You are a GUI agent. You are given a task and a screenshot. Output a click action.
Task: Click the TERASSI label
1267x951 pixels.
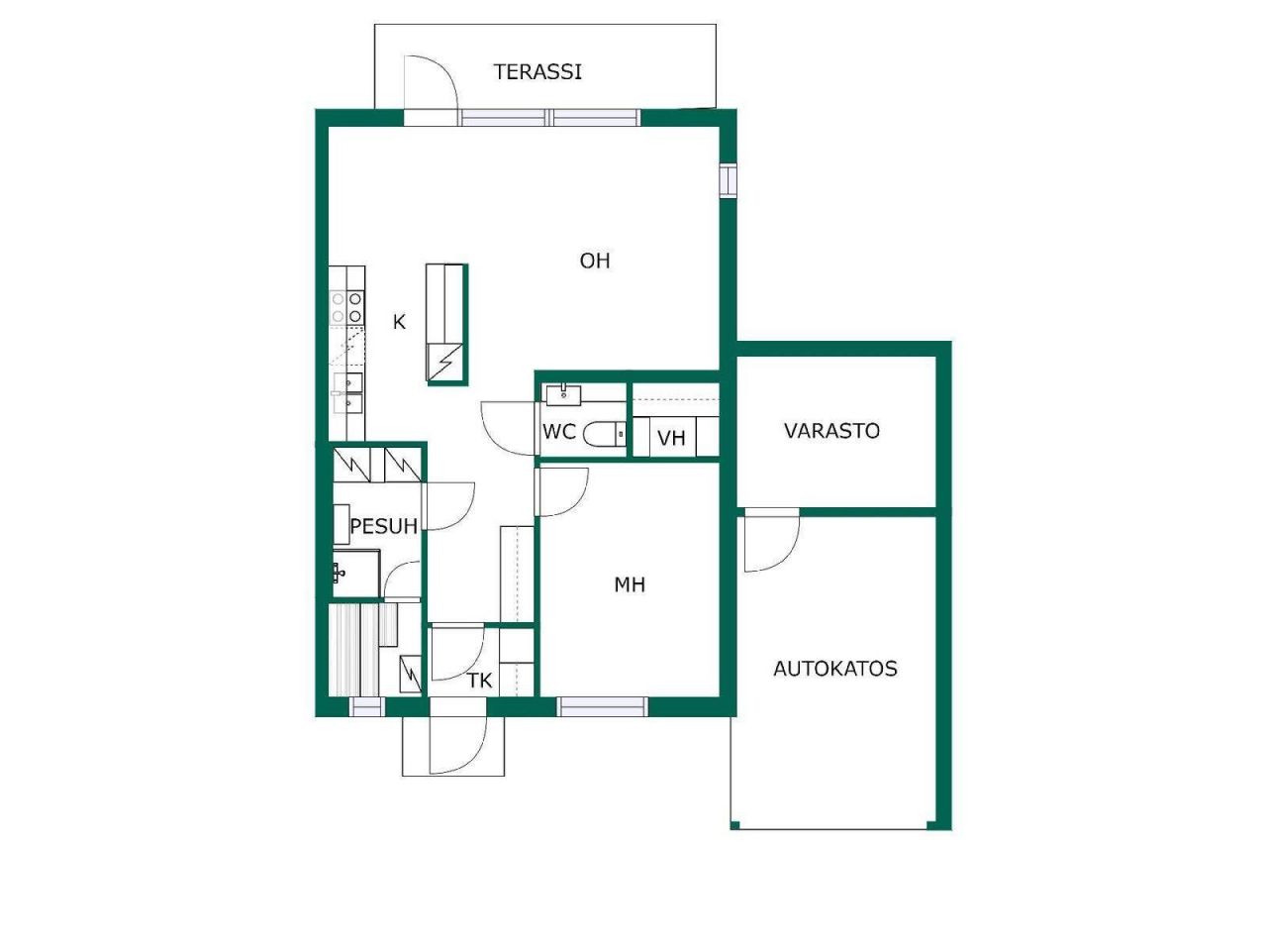pyautogui.click(x=536, y=72)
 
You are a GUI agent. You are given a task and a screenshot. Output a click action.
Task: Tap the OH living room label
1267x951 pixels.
pyautogui.click(x=595, y=261)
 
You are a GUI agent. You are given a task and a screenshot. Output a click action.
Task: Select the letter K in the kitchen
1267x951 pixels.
pyautogui.click(x=399, y=322)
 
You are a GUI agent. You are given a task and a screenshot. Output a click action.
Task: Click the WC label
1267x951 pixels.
pyautogui.click(x=558, y=431)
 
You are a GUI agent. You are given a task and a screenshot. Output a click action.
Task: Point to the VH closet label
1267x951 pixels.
pyautogui.click(x=671, y=438)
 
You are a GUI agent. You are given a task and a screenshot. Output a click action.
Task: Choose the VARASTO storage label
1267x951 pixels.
pyautogui.click(x=831, y=431)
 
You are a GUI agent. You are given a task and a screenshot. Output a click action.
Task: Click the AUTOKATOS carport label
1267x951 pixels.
pyautogui.click(x=835, y=669)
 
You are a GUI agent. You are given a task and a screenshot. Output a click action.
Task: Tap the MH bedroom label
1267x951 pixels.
pyautogui.click(x=630, y=584)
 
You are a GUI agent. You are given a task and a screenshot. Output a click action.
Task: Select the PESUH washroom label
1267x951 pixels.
pyautogui.click(x=384, y=526)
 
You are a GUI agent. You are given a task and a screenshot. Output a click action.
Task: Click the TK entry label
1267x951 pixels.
pyautogui.click(x=480, y=682)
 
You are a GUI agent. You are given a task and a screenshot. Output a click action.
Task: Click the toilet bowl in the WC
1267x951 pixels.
pyautogui.click(x=603, y=434)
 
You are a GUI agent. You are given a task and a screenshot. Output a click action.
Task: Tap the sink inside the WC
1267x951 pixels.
pyautogui.click(x=563, y=394)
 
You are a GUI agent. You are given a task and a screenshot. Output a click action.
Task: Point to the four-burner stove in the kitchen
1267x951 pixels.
pyautogui.click(x=346, y=308)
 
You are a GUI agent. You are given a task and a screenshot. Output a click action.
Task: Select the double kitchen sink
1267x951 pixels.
pyautogui.click(x=348, y=392)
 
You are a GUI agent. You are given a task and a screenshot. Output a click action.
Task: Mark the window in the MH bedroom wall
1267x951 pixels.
pyautogui.click(x=602, y=706)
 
